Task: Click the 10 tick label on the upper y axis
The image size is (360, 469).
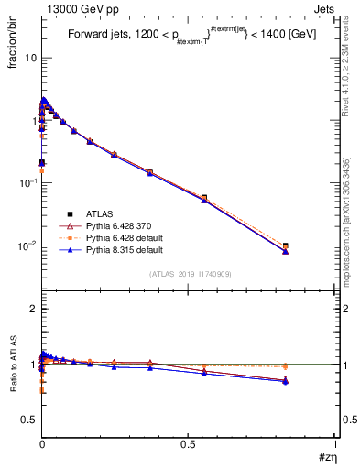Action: click(x=29, y=57)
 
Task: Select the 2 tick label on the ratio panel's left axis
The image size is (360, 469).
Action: click(x=32, y=309)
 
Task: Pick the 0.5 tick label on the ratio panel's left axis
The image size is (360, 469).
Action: click(x=27, y=420)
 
